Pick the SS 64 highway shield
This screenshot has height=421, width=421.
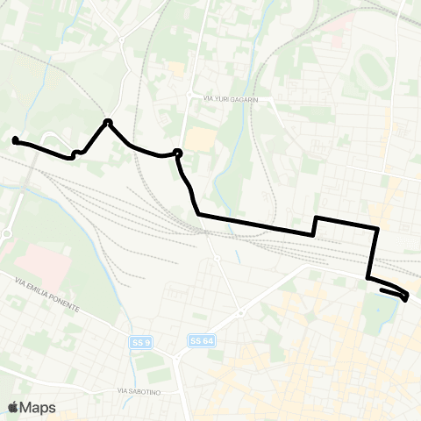point(199,340)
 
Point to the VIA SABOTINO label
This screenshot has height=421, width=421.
point(140,390)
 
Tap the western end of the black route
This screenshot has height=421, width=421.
point(15,139)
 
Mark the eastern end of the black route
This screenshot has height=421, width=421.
point(404,299)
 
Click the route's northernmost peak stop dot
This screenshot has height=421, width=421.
point(108,122)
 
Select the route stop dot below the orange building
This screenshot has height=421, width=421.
point(178,153)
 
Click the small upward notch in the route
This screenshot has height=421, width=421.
point(315,225)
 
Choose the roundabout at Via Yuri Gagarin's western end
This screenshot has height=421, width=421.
point(190,96)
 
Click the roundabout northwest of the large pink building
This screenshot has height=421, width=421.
point(6,234)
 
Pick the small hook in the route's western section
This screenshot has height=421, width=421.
point(76,153)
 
